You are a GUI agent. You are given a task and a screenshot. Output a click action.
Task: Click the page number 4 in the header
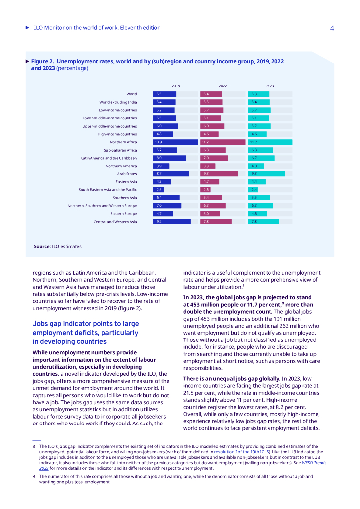click(332, 28)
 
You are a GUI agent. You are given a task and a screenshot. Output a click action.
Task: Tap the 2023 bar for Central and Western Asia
click(264, 221)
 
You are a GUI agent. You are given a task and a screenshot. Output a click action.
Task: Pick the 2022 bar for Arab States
click(219, 173)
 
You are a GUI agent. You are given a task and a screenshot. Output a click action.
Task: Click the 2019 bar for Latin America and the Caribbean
click(170, 158)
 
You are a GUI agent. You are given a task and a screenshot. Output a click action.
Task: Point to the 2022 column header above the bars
click(223, 86)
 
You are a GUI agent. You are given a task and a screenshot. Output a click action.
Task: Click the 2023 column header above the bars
click(270, 86)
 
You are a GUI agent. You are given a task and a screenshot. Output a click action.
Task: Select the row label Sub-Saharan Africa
click(120, 150)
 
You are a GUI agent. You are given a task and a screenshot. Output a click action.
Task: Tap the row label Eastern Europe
click(123, 213)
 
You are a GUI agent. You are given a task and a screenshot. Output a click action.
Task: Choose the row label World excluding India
click(118, 102)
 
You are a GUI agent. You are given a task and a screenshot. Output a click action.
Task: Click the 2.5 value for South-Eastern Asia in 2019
click(159, 189)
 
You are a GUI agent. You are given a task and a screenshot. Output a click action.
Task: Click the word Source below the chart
click(42, 246)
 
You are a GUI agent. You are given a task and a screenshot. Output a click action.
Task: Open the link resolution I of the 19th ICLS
click(242, 452)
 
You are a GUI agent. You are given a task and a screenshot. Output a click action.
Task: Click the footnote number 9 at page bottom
click(34, 476)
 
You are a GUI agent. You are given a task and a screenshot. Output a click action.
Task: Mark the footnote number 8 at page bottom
click(34, 446)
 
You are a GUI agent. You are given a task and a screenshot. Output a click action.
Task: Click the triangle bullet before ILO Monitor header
click(27, 28)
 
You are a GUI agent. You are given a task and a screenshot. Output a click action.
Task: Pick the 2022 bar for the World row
click(211, 94)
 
